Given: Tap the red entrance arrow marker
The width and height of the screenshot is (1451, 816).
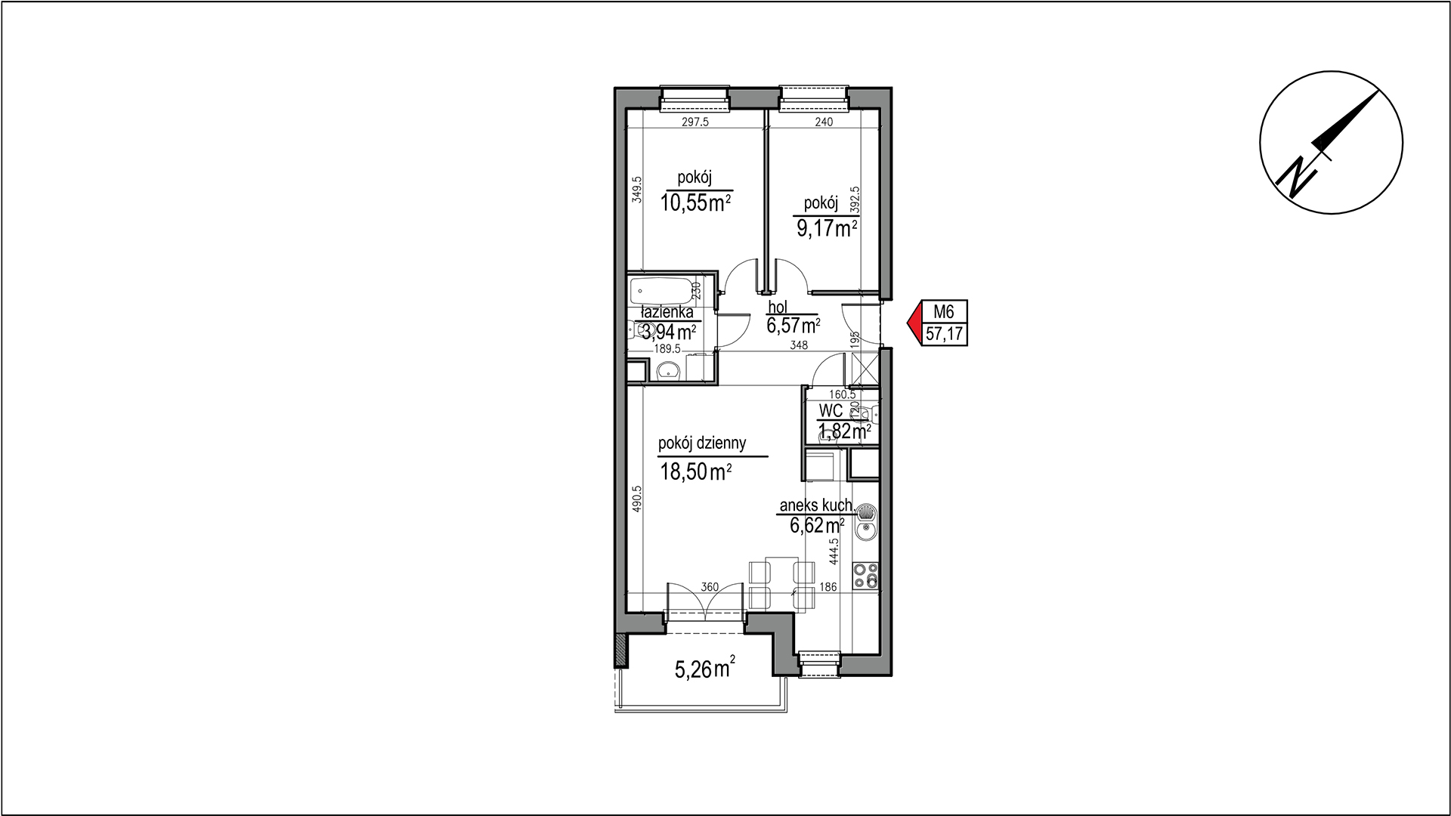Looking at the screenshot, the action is tap(914, 323).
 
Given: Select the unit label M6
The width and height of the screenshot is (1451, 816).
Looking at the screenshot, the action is tap(944, 311).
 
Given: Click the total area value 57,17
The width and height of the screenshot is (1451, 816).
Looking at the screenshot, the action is tap(945, 334).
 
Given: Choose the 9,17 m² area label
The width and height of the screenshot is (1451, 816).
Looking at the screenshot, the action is tap(827, 228).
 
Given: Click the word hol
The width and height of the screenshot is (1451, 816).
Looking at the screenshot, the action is tap(777, 307).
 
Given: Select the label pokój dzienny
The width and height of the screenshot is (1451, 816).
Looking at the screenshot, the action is tap(702, 444).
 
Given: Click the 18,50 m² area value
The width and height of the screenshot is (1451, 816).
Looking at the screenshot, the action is tap(695, 472).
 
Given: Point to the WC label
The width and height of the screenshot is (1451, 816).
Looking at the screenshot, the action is tap(831, 411).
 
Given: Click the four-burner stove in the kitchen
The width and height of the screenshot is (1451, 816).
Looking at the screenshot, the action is tap(865, 576).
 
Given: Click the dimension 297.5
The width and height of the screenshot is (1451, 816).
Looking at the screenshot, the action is tap(695, 122).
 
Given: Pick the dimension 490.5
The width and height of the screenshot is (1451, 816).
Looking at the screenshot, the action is tap(636, 499).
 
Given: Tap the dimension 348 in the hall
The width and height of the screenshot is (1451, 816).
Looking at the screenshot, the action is tap(799, 345).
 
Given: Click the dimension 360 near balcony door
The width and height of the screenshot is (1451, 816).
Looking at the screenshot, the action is tap(709, 586).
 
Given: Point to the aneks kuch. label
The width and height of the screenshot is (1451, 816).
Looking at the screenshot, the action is tap(817, 506).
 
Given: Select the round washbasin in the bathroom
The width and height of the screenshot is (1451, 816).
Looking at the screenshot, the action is tap(667, 370).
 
